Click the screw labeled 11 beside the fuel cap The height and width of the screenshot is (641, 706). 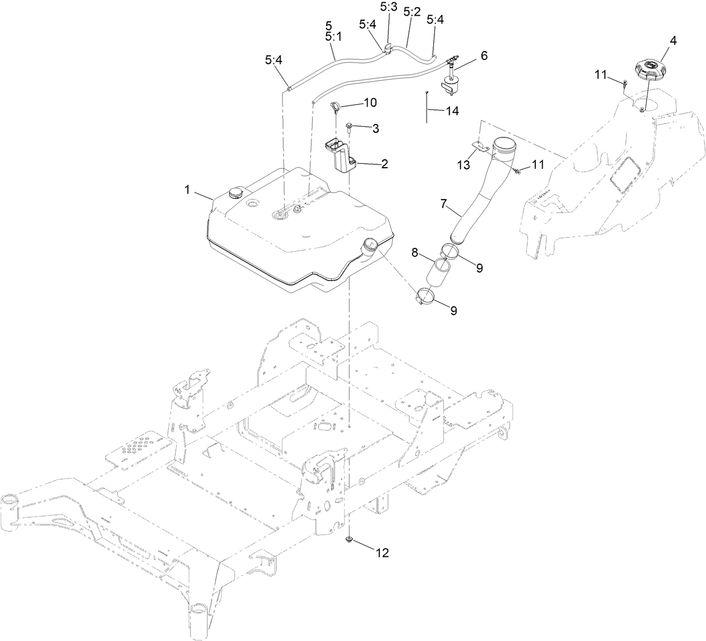625,84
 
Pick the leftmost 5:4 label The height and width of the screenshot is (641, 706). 274,61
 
